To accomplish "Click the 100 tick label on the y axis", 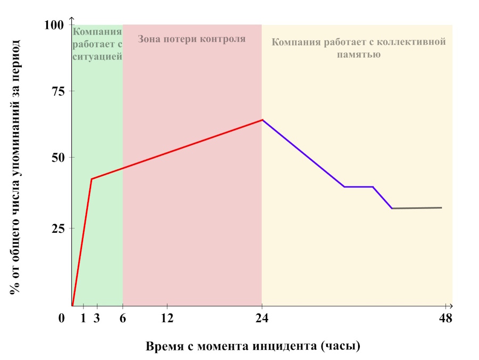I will click(54, 25).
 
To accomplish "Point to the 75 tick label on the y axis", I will click(57, 92).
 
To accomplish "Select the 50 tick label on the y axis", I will click(57, 158).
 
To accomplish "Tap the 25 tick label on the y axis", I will click(57, 228).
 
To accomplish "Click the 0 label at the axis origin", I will click(62, 319).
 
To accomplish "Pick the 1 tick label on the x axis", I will click(84, 319).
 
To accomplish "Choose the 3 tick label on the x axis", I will click(96, 319).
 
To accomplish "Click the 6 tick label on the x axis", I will click(123, 319).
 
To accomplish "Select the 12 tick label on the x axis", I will click(167, 319).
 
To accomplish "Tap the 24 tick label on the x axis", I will click(261, 319).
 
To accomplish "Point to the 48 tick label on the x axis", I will click(445, 319).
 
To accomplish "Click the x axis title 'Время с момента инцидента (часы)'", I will click(253, 346).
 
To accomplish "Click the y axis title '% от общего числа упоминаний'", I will click(15, 166).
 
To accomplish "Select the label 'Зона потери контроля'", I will click(192, 39).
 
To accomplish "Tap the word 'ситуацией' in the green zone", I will click(97, 55).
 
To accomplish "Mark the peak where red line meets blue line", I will click(262, 120).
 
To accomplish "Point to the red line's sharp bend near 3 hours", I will click(92, 179).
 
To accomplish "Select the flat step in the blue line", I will click(358, 187).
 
